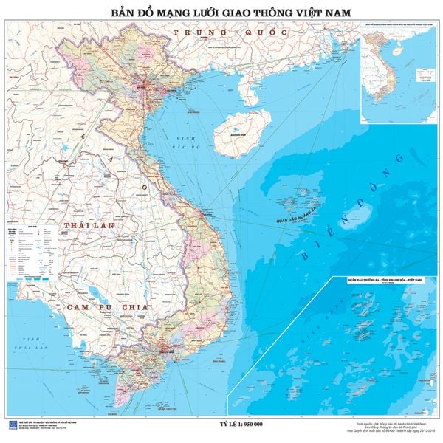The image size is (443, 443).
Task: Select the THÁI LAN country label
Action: pos(87,224)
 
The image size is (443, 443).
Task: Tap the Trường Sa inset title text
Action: pos(384,282)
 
